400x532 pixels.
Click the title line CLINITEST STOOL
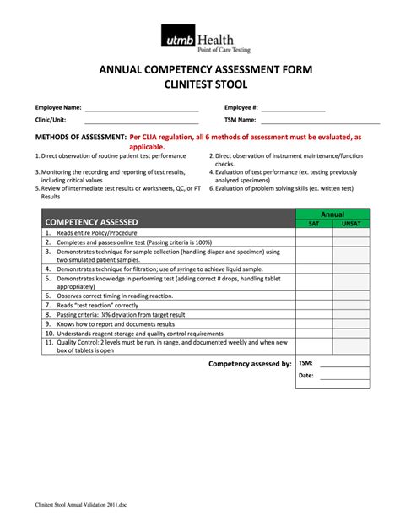click(x=199, y=85)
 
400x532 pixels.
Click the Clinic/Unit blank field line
click(x=141, y=121)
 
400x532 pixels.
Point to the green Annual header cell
click(x=332, y=214)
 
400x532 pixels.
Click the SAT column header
click(x=313, y=224)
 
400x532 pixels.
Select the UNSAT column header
click(x=351, y=224)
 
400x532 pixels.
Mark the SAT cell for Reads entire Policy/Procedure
click(x=313, y=232)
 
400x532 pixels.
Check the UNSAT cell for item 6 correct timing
click(x=351, y=296)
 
